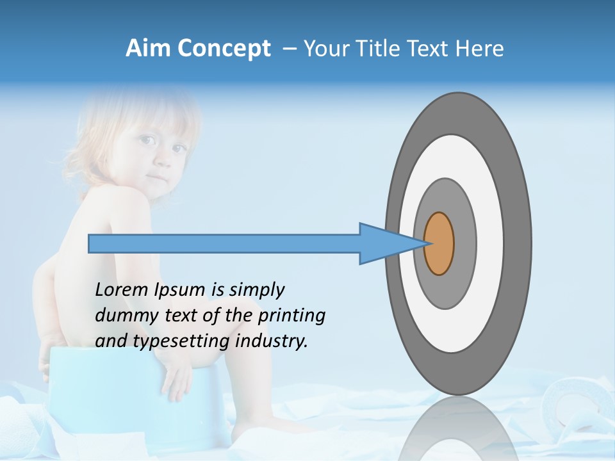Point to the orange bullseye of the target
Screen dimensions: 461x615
[x=439, y=244]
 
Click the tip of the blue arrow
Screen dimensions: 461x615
[x=425, y=243]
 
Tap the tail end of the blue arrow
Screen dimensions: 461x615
[x=90, y=244]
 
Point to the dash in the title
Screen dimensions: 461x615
[x=289, y=49]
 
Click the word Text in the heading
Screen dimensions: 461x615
[x=427, y=49]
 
